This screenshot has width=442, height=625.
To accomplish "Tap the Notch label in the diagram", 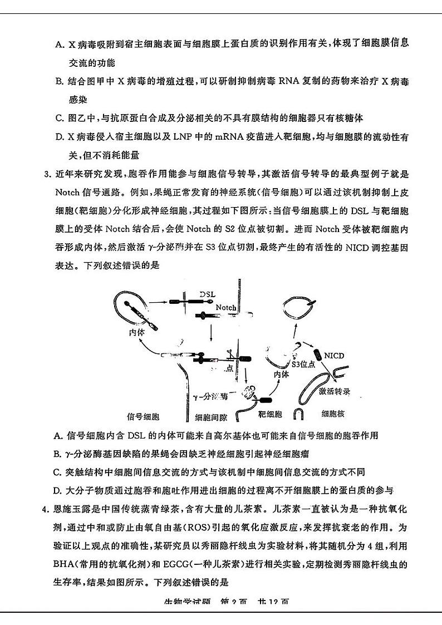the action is pyautogui.click(x=226, y=307).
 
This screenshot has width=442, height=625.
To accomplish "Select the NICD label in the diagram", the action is pyautogui.click(x=334, y=355).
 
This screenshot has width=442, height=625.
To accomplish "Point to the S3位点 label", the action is pyautogui.click(x=304, y=365).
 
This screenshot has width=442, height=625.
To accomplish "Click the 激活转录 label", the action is pyautogui.click(x=335, y=391).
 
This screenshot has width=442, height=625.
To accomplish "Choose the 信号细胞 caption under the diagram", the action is pyautogui.click(x=144, y=415).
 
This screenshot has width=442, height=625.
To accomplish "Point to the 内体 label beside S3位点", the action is pyautogui.click(x=281, y=374).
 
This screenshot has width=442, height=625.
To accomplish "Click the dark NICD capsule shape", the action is pyautogui.click(x=317, y=355).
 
